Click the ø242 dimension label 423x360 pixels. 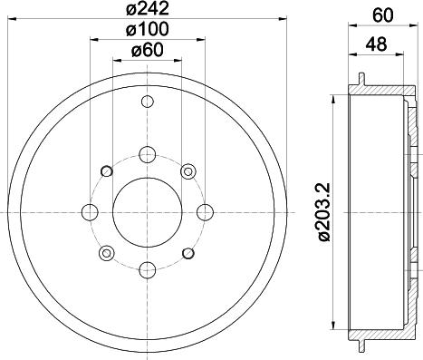(x=148, y=8)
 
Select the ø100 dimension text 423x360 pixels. (x=148, y=29)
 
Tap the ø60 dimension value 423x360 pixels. (x=148, y=50)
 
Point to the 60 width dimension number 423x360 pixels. (x=383, y=15)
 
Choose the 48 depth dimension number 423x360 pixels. (x=376, y=44)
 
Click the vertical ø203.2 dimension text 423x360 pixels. (x=324, y=212)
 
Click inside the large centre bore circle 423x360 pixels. (x=148, y=212)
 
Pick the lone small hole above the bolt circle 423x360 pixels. (x=148, y=102)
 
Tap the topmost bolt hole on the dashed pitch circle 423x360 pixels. (x=148, y=155)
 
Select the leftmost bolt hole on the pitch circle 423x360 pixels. (x=90, y=212)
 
